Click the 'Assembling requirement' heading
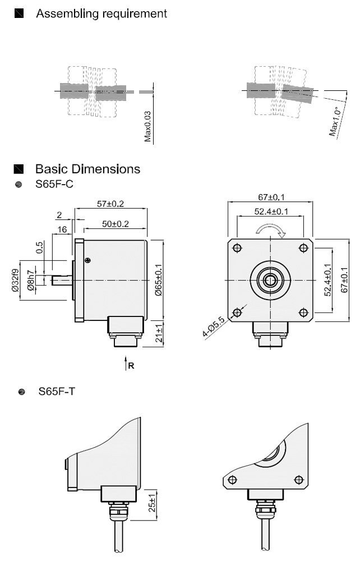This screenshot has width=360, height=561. coord(101,13)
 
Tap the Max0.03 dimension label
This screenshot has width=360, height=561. coord(148,126)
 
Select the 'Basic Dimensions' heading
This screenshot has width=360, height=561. coord(87,169)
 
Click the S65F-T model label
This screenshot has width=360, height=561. coord(57,392)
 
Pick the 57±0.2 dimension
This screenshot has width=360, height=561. coord(110,204)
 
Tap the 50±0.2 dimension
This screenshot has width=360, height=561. coord(115,224)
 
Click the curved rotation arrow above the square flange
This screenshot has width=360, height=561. coord(271,228)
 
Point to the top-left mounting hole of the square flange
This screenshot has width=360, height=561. coord(238,248)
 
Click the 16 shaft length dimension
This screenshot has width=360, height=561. coord(62,229)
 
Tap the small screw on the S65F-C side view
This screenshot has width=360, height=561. coord(87,259)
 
